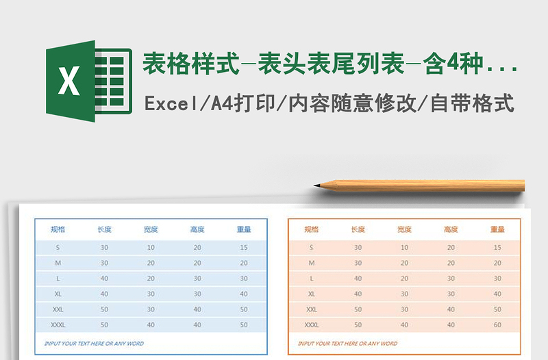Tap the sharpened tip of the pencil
coord(317,185)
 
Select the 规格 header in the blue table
coord(58,229)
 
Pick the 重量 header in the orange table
coord(497,229)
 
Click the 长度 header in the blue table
coord(104,229)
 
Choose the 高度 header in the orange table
coord(451,229)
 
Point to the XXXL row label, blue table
coord(58,324)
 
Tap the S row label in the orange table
coord(312,247)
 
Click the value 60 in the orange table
coord(497,324)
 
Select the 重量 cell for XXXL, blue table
coord(244,324)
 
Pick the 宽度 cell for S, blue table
coord(151,247)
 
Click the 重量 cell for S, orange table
coord(497,247)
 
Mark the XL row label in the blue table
coord(58,294)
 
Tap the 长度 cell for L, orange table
coord(358,279)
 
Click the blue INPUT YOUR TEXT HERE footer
coord(94,343)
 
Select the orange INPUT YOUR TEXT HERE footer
coord(347,343)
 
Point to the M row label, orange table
coord(312,263)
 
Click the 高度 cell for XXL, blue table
coord(197,309)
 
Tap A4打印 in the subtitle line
coord(242,104)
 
